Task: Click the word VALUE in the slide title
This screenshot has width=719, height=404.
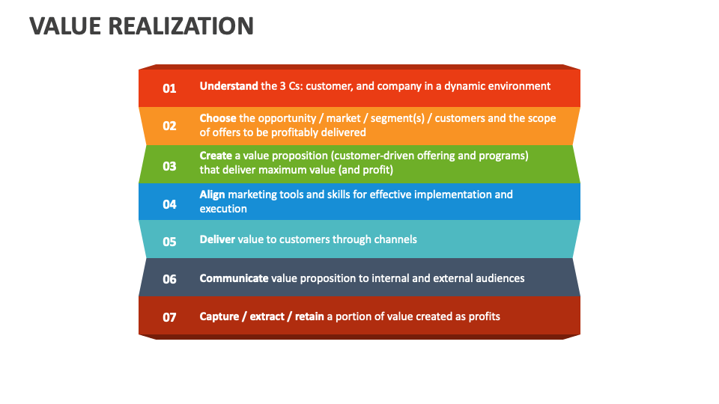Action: click(65, 26)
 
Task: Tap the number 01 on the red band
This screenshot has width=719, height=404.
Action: click(169, 88)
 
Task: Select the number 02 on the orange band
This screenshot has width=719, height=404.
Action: click(169, 126)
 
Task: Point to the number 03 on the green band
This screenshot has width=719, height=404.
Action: click(169, 166)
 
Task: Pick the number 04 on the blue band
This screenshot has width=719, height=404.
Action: click(169, 203)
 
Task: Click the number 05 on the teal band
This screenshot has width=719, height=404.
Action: click(169, 241)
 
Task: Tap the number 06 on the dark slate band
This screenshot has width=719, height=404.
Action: click(169, 279)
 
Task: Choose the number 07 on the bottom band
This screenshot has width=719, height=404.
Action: click(169, 317)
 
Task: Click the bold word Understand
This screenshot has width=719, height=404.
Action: click(228, 86)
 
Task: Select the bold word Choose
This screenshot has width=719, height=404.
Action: click(217, 118)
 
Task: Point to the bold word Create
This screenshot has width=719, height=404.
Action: click(216, 156)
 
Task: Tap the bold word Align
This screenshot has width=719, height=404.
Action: click(212, 195)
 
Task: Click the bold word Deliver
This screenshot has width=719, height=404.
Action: click(216, 239)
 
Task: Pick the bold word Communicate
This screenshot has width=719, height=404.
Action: click(234, 278)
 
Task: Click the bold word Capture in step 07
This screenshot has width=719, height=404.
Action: click(219, 316)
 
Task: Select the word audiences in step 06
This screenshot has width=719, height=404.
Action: click(499, 278)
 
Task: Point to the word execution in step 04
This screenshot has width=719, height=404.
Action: click(223, 209)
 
